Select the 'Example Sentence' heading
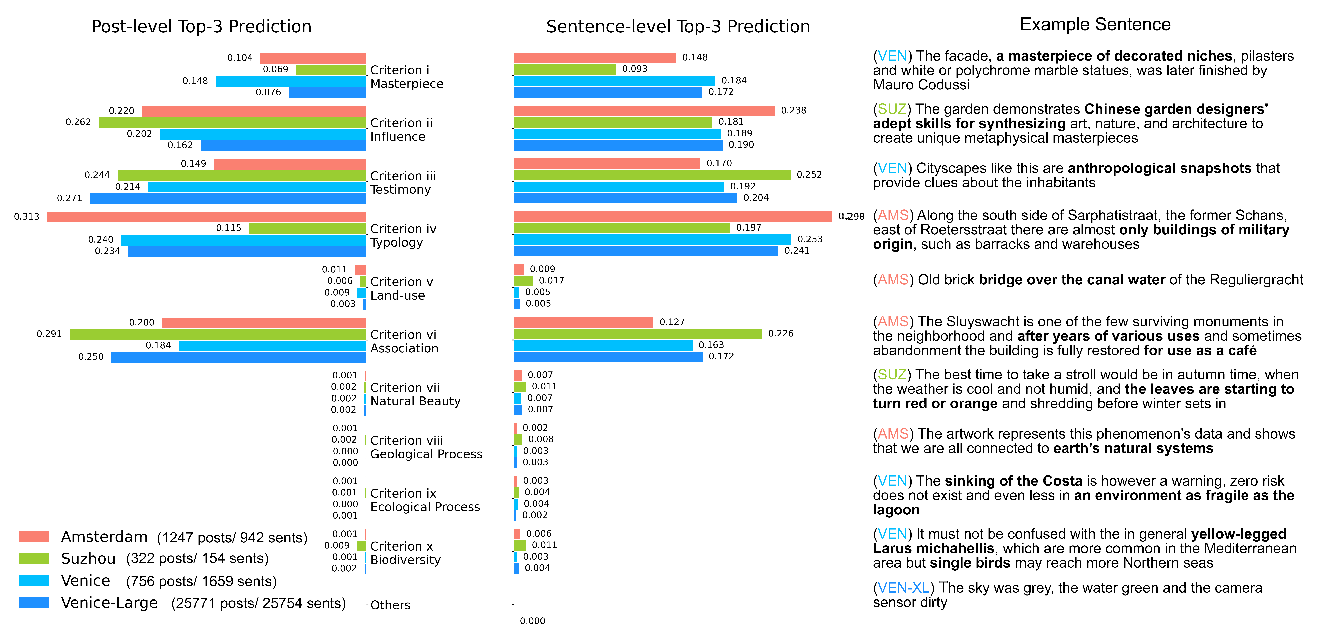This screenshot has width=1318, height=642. pyautogui.click(x=1095, y=24)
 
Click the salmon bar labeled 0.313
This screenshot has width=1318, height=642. pyautogui.click(x=206, y=217)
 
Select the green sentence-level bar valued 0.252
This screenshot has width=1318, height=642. pyautogui.click(x=652, y=175)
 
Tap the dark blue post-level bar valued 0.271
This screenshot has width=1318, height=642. pyautogui.click(x=228, y=198)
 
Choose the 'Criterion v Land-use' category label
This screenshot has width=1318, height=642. pyautogui.click(x=402, y=288)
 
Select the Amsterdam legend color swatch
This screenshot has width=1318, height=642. pyautogui.click(x=34, y=536)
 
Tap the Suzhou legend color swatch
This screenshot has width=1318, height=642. pyautogui.click(x=34, y=558)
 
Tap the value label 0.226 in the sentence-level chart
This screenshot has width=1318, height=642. pyautogui.click(x=780, y=333)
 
